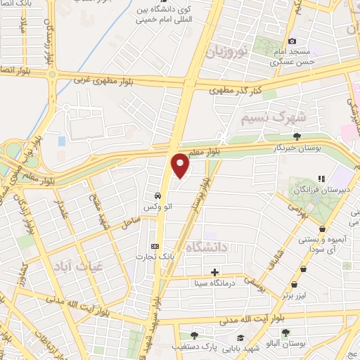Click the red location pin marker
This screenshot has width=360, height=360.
pos(181,165)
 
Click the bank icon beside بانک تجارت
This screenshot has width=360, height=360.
pos(155,246)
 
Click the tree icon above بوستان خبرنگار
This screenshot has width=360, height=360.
pos(298,136)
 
